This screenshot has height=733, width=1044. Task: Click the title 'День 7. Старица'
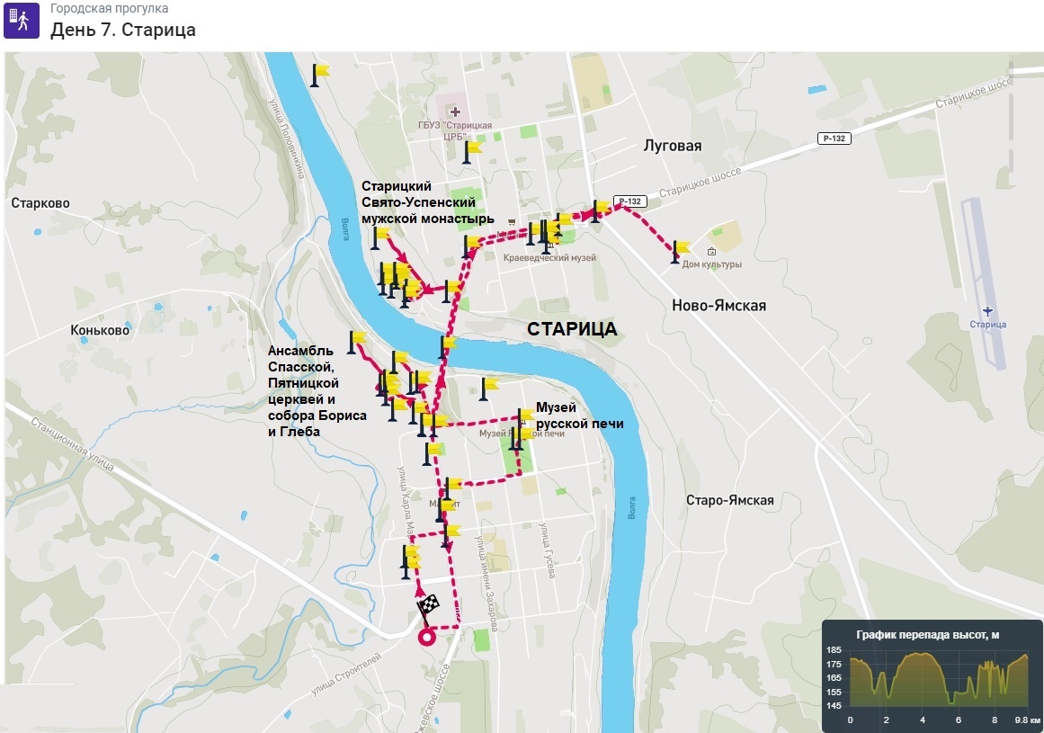(x=122, y=30)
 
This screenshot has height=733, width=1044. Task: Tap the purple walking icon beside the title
(x=22, y=20)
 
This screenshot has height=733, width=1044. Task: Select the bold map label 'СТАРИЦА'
(x=573, y=329)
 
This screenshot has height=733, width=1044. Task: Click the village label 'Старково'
(x=40, y=203)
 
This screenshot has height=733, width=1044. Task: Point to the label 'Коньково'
(x=100, y=330)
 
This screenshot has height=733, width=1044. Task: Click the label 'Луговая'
(x=673, y=146)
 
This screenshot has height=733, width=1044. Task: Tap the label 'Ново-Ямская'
(x=718, y=306)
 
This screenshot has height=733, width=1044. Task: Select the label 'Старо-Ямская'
(x=729, y=500)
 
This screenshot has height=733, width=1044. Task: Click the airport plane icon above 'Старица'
(x=988, y=310)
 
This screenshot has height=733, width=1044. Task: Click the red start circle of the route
(x=427, y=637)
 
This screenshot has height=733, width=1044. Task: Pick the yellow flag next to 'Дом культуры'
(x=681, y=248)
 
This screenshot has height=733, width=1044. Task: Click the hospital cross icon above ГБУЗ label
(x=455, y=112)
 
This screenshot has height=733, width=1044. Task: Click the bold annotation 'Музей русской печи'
(x=579, y=416)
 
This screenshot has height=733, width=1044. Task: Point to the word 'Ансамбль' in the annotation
(x=300, y=350)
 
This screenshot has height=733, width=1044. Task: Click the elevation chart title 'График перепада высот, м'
(x=927, y=635)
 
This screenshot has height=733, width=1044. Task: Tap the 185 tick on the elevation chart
(x=834, y=649)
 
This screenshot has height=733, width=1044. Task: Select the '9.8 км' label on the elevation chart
(x=1027, y=720)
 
